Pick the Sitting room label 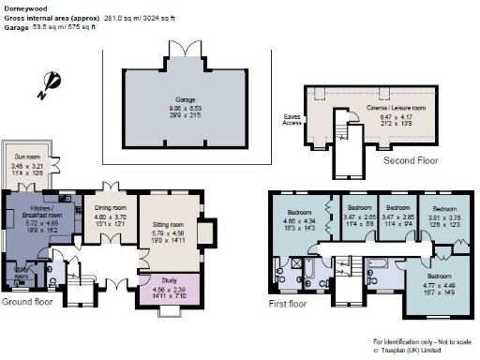pyautogui.click(x=169, y=225)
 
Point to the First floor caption pyautogui.click(x=288, y=305)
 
